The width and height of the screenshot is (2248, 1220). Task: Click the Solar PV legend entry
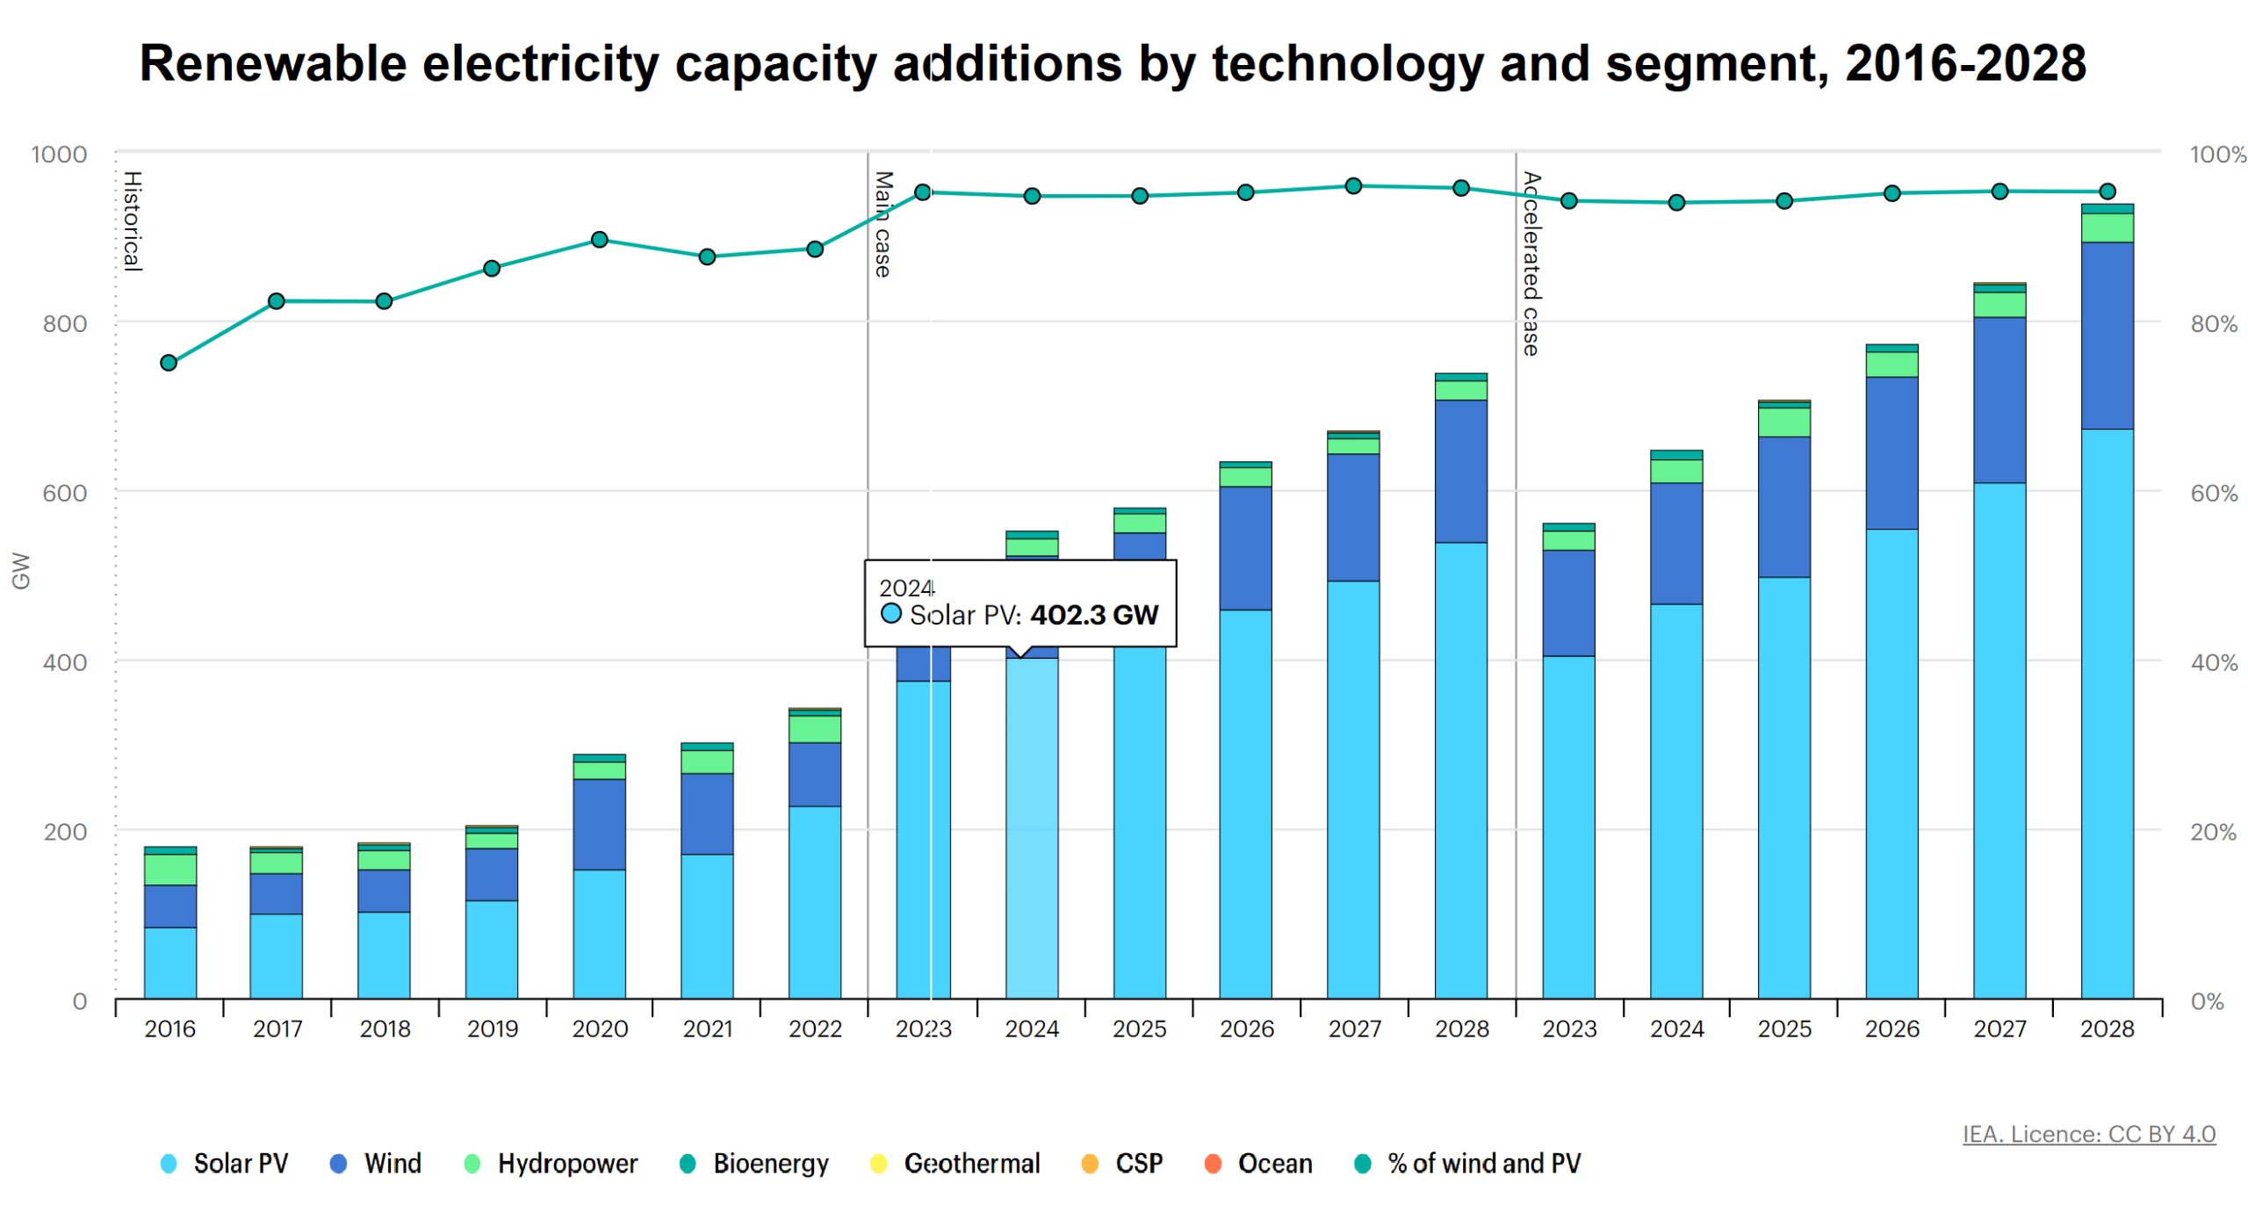tap(224, 1163)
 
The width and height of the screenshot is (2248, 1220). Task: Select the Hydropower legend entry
tap(550, 1163)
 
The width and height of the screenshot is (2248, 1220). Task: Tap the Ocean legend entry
tap(1257, 1163)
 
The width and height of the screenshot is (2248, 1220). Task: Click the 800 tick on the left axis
tap(65, 323)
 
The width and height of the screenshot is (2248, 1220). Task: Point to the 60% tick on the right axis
tap(2213, 493)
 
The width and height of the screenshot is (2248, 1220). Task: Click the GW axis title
tap(20, 570)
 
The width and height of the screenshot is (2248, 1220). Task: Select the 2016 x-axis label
tap(169, 1028)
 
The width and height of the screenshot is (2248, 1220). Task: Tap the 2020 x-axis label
tap(600, 1028)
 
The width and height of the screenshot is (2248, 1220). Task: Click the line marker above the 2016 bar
tap(169, 363)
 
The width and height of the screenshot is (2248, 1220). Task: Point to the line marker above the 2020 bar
tap(600, 240)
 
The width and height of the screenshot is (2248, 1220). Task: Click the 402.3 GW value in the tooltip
tap(1094, 614)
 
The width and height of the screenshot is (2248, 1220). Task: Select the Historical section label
tap(133, 220)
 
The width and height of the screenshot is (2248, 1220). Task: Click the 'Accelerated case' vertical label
tap(1531, 263)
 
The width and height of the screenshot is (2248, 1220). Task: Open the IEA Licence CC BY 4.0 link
tap(2088, 1133)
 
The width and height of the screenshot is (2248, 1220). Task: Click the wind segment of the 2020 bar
tap(600, 824)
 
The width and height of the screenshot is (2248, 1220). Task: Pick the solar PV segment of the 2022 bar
tap(815, 902)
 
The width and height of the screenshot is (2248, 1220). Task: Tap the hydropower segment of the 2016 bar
tap(170, 869)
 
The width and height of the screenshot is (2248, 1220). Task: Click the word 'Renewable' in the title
tap(273, 63)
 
